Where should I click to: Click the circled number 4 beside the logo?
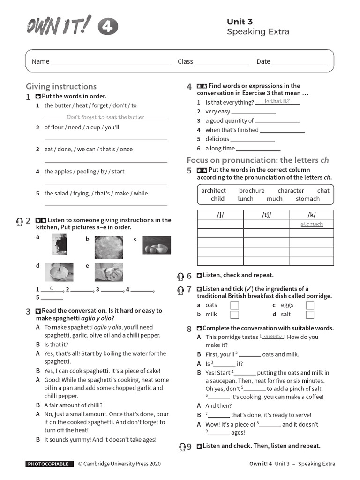click(x=108, y=28)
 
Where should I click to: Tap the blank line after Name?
click(x=111, y=62)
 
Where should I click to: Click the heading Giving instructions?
click(x=61, y=86)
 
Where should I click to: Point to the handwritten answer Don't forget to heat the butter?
click(x=105, y=117)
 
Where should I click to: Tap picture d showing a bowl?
click(x=59, y=272)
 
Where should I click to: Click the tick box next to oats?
click(x=234, y=305)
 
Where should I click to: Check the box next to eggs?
click(x=310, y=305)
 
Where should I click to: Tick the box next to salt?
click(x=310, y=315)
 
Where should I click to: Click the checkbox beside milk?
click(x=234, y=315)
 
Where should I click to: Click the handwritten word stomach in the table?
click(x=312, y=224)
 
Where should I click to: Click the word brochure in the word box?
click(x=252, y=191)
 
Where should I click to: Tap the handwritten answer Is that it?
click(x=280, y=101)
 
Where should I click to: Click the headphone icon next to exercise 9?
click(x=182, y=446)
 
